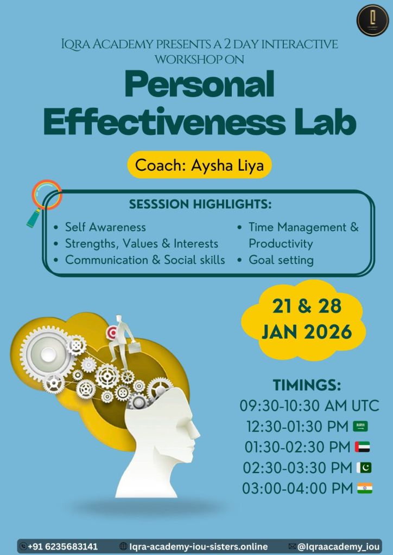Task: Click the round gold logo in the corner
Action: pyautogui.click(x=372, y=20)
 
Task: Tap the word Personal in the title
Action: pyautogui.click(x=200, y=85)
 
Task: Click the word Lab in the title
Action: pyautogui.click(x=324, y=121)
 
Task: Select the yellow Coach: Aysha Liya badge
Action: pyautogui.click(x=200, y=165)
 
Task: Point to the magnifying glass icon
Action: pyautogui.click(x=45, y=203)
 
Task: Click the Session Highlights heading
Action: pyautogui.click(x=200, y=204)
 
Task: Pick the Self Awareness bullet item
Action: pyautogui.click(x=105, y=227)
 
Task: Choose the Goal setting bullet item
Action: pyautogui.click(x=281, y=260)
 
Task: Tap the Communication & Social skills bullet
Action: pyautogui.click(x=145, y=260)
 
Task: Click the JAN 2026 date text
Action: pyautogui.click(x=307, y=332)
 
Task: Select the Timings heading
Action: pyautogui.click(x=307, y=385)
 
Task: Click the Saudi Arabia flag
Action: pyautogui.click(x=360, y=426)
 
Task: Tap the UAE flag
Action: pyautogui.click(x=362, y=447)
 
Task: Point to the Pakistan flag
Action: pyautogui.click(x=364, y=468)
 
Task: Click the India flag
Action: pyautogui.click(x=365, y=488)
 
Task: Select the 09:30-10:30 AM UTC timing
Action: pyautogui.click(x=309, y=405)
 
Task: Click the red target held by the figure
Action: pyautogui.click(x=112, y=333)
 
